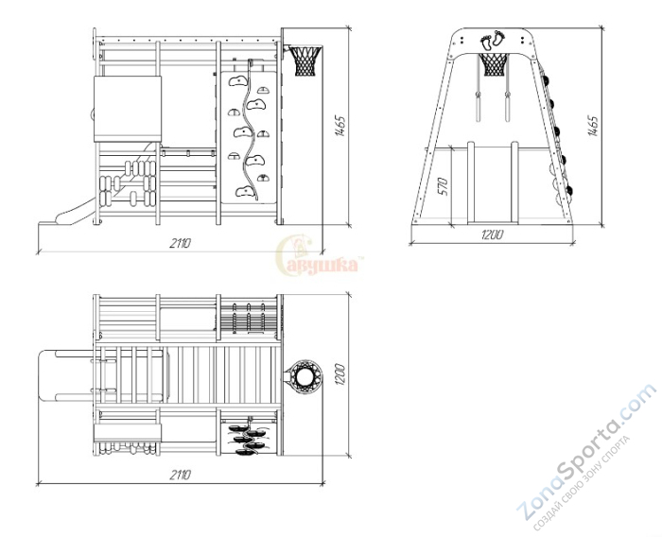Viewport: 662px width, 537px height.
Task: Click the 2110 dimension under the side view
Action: [181, 243]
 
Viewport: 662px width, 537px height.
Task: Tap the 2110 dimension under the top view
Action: [181, 476]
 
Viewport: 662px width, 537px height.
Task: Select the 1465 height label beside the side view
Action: [340, 126]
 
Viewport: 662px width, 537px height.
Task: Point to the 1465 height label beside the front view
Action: [593, 126]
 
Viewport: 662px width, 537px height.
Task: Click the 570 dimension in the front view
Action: [443, 186]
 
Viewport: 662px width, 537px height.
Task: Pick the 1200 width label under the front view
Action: [493, 234]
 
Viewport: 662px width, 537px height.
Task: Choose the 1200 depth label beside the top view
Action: [340, 374]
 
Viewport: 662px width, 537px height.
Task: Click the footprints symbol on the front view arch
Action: [493, 41]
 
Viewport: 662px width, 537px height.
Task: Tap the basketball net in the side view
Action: [305, 61]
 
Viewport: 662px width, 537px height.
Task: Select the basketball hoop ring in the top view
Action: [303, 375]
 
